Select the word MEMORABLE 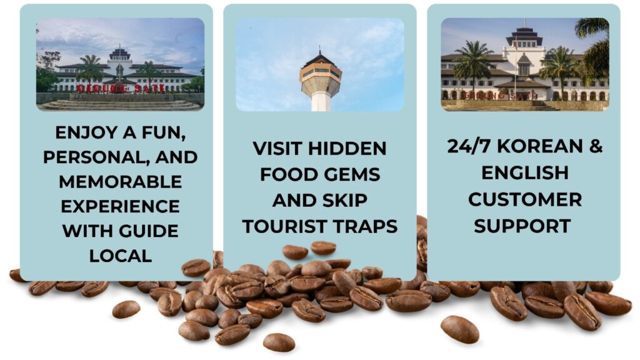point(121,182)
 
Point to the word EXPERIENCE point(121,206)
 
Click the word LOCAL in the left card point(121,256)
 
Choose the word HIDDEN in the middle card point(347,148)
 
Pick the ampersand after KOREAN point(596,146)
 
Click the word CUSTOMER point(525,199)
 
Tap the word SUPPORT point(522,226)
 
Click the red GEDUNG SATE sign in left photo point(121,88)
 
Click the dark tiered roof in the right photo point(524,36)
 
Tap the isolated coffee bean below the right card point(459,329)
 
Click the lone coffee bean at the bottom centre point(279,342)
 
